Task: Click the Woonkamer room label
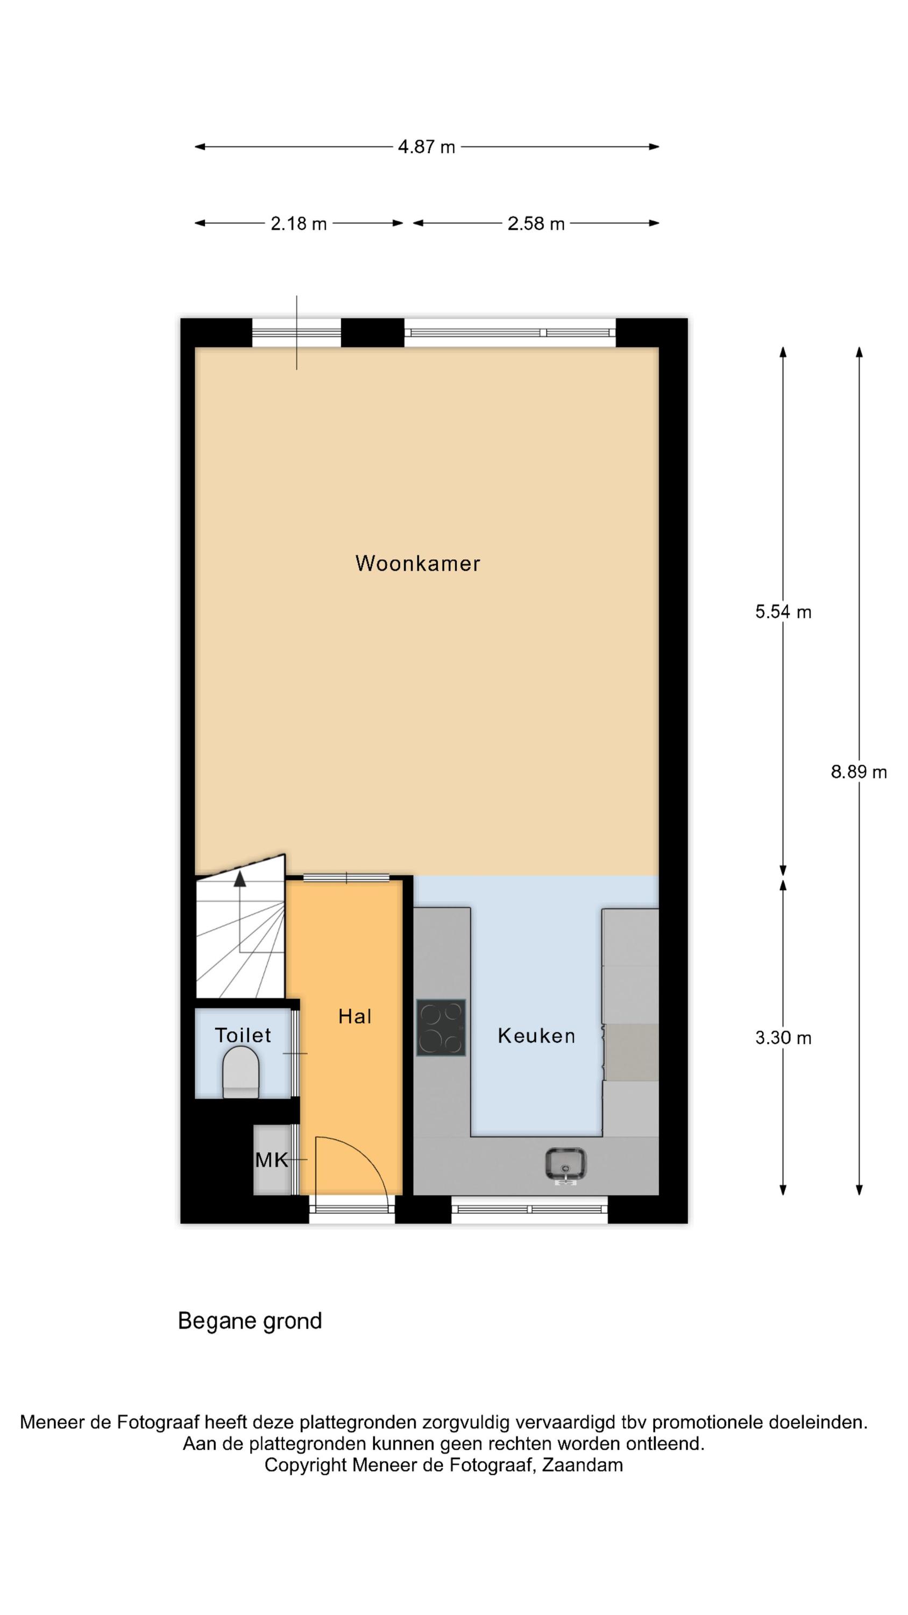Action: click(x=417, y=563)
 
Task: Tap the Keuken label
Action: click(x=536, y=1035)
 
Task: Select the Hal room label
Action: click(x=354, y=1016)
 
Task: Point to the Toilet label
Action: click(x=243, y=1035)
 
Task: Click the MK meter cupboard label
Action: click(x=271, y=1161)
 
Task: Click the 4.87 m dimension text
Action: click(x=426, y=147)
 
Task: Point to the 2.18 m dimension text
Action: click(x=299, y=223)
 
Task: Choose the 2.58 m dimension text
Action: click(x=536, y=223)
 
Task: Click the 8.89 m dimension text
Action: click(x=859, y=772)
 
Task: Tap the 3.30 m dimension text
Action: click(x=783, y=1037)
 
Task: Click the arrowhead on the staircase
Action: click(x=239, y=879)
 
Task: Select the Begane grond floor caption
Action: click(x=250, y=1321)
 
